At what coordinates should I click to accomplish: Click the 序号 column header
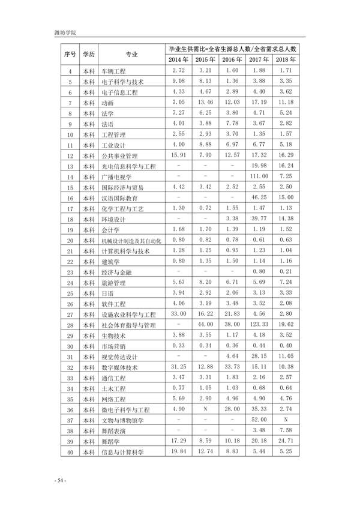70,54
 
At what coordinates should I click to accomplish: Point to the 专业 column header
132,54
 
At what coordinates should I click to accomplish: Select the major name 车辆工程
114,71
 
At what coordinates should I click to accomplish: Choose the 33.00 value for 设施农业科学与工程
178,346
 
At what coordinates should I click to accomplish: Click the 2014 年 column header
178,59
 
